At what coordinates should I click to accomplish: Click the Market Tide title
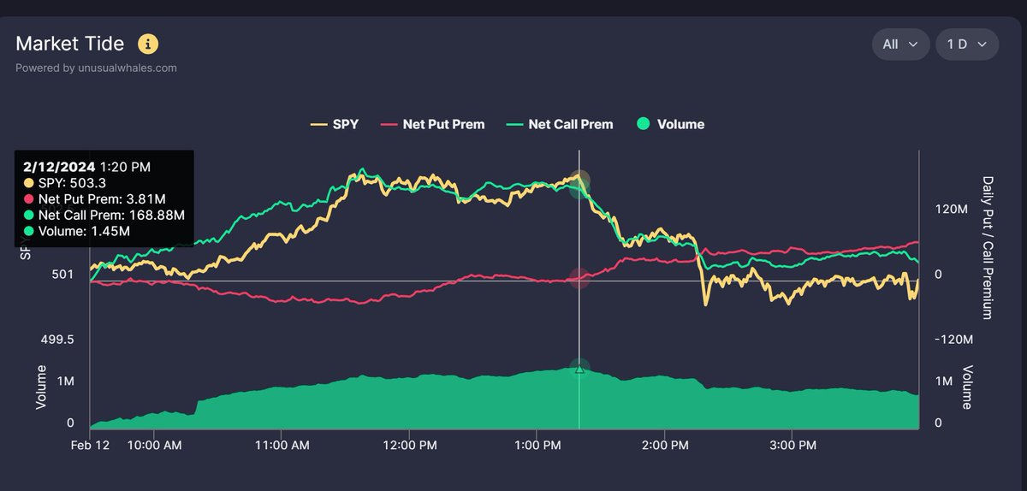click(x=69, y=44)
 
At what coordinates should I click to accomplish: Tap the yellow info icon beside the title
click(x=148, y=44)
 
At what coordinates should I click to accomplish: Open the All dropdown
click(x=899, y=44)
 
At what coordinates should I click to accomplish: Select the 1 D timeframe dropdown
click(x=966, y=44)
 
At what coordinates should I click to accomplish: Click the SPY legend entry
click(x=334, y=124)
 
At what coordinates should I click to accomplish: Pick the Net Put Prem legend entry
click(x=434, y=124)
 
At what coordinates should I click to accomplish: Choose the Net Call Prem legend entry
click(x=561, y=124)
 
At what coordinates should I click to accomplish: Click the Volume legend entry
click(x=671, y=124)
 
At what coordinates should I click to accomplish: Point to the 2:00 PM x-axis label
click(x=664, y=446)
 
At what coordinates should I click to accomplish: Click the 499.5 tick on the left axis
click(x=57, y=340)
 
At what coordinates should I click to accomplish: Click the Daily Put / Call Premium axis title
click(x=987, y=247)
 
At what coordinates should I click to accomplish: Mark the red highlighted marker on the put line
click(x=579, y=279)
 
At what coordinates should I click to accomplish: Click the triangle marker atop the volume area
click(x=579, y=369)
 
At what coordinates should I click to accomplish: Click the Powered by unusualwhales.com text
click(x=96, y=68)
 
